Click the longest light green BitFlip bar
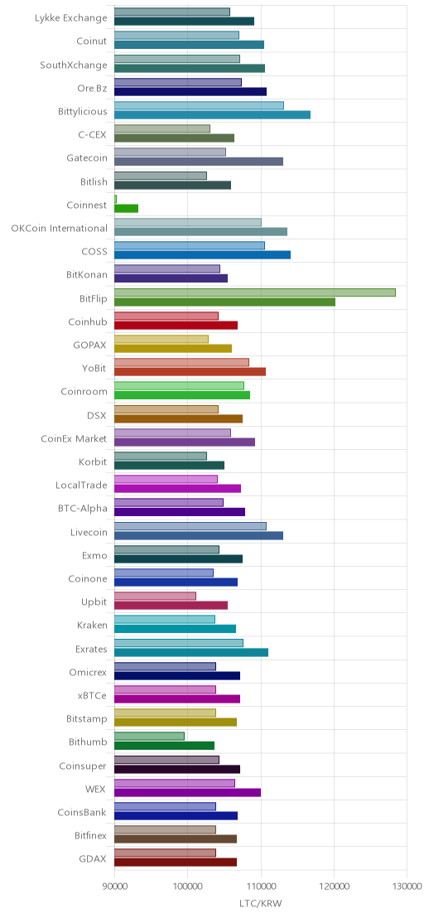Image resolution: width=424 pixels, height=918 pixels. [255, 292]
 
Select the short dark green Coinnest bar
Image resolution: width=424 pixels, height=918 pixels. [127, 208]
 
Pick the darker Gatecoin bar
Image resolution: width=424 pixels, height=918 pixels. [199, 161]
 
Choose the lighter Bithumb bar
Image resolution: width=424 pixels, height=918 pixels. [150, 736]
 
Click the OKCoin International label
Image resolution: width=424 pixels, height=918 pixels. [59, 228]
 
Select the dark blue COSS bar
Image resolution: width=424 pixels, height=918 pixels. [202, 254]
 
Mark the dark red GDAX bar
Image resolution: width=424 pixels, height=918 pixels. [176, 862]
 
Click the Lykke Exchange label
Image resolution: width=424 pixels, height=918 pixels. [71, 17]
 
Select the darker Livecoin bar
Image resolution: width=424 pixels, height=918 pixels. [199, 535]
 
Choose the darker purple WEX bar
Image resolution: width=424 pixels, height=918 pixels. [188, 792]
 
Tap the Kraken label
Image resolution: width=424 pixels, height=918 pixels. [93, 626]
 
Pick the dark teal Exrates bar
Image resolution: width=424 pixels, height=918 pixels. [191, 652]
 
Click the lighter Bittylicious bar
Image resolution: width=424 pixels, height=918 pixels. [200, 105]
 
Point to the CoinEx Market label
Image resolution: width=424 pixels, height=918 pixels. [75, 438]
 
